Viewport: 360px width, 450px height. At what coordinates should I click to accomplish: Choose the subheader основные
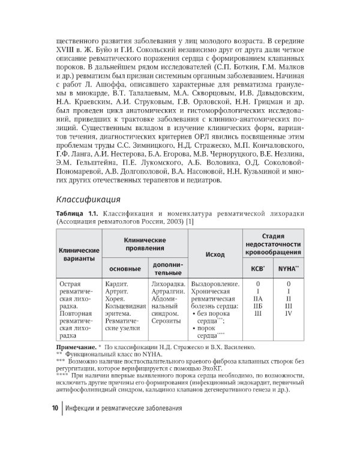[123, 268]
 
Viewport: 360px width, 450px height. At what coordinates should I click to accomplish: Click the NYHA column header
[289, 268]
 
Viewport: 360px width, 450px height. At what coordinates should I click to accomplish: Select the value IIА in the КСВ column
[259, 298]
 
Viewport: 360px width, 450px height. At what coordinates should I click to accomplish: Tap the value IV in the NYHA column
[289, 313]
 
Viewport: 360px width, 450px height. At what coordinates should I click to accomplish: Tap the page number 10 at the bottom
[55, 408]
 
